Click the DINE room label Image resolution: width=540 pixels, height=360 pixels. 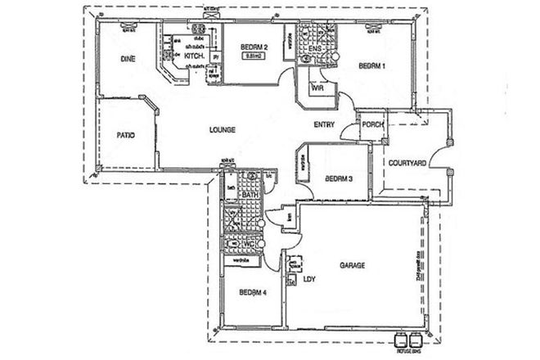click(127, 59)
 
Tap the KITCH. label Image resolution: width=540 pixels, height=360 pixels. click(194, 56)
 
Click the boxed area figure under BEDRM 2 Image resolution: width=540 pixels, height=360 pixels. click(254, 58)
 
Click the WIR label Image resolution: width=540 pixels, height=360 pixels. click(313, 88)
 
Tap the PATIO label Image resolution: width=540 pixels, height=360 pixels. click(125, 135)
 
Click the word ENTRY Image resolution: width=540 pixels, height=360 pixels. click(324, 124)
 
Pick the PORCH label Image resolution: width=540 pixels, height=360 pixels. click(373, 125)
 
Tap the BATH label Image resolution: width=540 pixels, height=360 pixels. click(250, 194)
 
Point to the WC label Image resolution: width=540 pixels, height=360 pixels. click(249, 244)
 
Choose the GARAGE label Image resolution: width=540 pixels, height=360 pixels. click(353, 266)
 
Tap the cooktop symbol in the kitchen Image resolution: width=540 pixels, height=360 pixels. click(198, 36)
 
